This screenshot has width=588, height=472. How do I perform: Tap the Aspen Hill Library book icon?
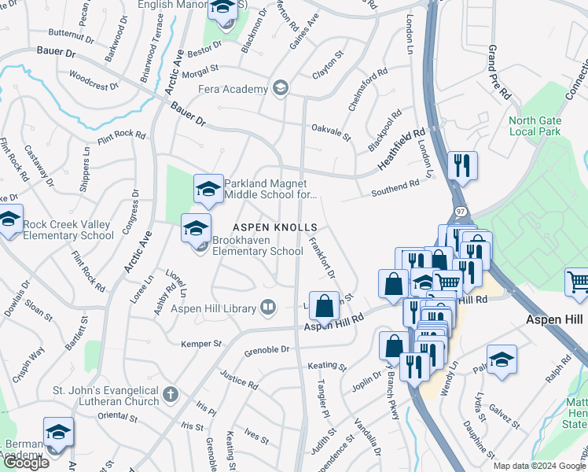coord(269,307)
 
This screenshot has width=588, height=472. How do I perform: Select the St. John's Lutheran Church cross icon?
coord(172,393)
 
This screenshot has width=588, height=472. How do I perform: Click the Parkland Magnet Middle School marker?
coord(208,190)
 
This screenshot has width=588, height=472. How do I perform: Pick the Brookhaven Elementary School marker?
coord(197,229)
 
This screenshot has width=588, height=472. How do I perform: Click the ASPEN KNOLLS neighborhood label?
coord(274,227)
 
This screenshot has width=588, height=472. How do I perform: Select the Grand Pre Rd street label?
coord(499,71)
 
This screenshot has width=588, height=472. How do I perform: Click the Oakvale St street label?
coord(330,131)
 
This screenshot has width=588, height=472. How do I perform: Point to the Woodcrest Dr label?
coord(93,80)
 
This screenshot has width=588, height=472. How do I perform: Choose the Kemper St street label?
coord(202,344)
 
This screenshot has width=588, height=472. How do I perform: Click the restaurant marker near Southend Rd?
coord(461,165)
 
